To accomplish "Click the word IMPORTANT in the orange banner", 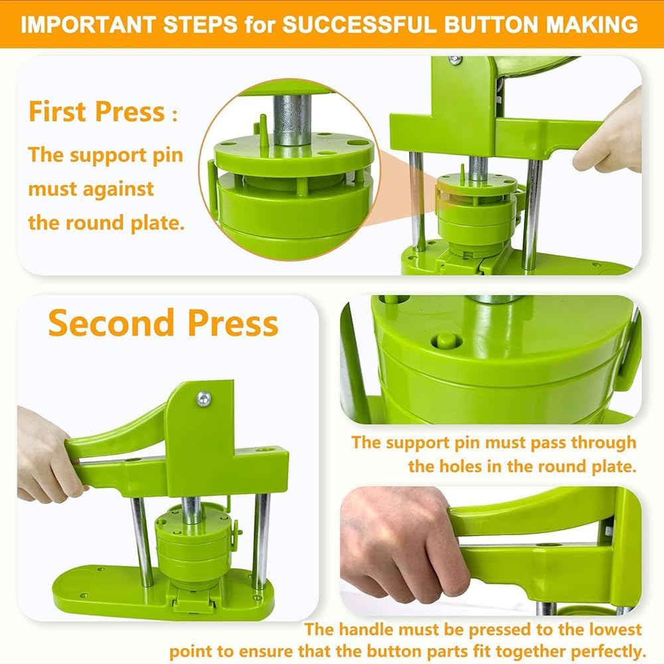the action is pyautogui.click(x=87, y=24).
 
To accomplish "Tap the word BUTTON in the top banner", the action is pyautogui.click(x=491, y=24).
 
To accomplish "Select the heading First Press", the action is pyautogui.click(x=97, y=112).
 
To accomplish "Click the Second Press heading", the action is pyautogui.click(x=163, y=323).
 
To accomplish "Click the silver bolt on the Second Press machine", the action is pyautogui.click(x=204, y=398).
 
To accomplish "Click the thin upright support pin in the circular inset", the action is pyautogui.click(x=263, y=129).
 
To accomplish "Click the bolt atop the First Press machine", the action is pyautogui.click(x=456, y=60).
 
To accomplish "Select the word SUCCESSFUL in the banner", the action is pyautogui.click(x=359, y=24).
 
